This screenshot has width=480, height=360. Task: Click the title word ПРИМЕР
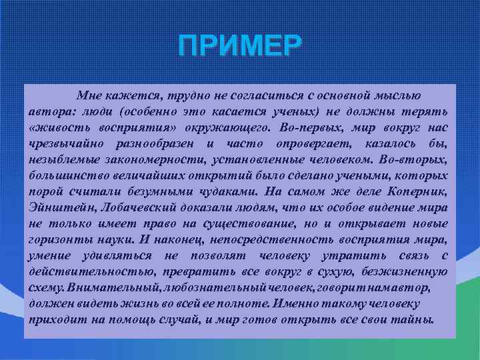coord(240,47)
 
